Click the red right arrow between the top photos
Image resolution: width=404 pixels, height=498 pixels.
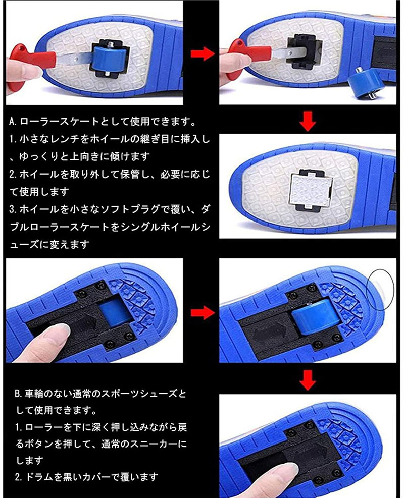203,53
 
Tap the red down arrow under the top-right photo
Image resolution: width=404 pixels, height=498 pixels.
308,121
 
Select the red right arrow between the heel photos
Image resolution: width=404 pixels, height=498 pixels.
203,313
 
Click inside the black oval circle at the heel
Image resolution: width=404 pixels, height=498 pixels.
380,290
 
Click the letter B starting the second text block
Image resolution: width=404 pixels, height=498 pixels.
18,394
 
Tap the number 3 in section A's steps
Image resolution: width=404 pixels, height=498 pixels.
12,209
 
